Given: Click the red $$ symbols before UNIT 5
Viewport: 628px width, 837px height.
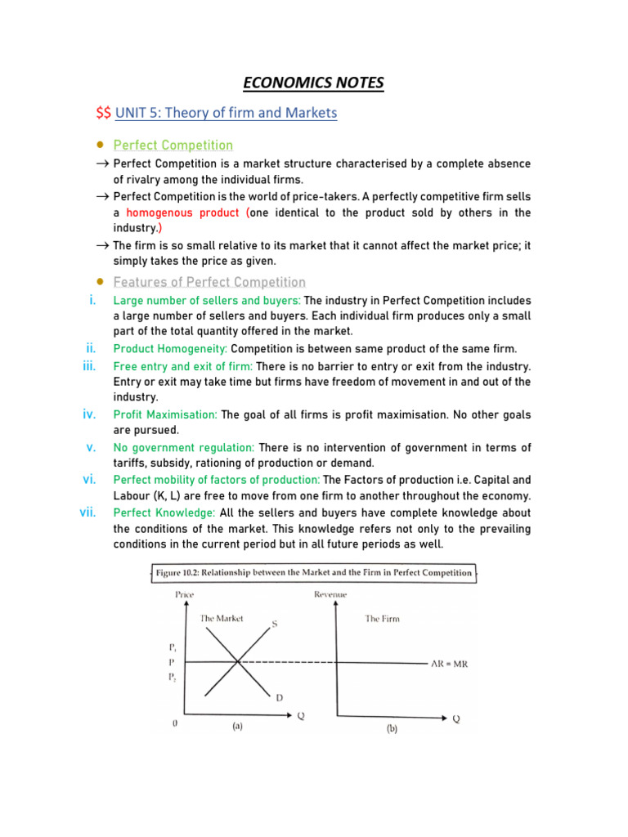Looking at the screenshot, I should [104, 113].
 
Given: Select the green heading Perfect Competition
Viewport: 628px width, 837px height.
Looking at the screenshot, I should [173, 145].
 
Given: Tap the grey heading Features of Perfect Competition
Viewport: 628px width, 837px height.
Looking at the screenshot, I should [209, 282].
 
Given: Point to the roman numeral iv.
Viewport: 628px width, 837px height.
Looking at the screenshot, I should [90, 414].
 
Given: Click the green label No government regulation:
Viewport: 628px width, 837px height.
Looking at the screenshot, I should [184, 448].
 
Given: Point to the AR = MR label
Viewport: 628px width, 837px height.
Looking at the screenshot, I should [450, 664].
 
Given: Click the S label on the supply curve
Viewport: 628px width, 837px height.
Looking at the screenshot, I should [274, 624].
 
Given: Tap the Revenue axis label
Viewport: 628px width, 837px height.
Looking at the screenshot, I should [330, 594].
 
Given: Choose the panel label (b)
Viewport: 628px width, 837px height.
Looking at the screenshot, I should [392, 730].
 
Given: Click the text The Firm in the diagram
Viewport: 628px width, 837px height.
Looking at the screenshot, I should [382, 619].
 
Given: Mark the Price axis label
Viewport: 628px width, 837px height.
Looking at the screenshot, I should [185, 594].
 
